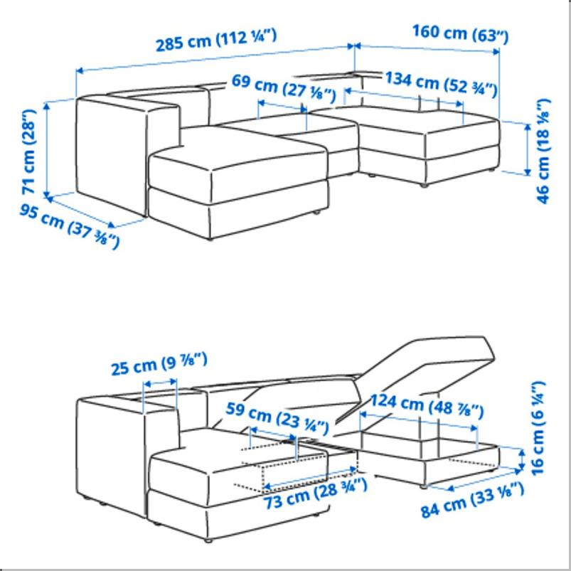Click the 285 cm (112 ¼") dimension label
216,40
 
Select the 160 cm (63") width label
460,33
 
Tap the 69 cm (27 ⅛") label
283,87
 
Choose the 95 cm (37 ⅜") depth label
69,226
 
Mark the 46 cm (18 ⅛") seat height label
543,151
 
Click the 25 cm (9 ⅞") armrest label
159,364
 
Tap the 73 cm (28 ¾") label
315,493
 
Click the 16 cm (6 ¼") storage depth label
538,428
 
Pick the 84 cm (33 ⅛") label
472,499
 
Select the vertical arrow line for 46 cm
528,149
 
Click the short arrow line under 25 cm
160,383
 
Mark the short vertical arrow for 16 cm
522,459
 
